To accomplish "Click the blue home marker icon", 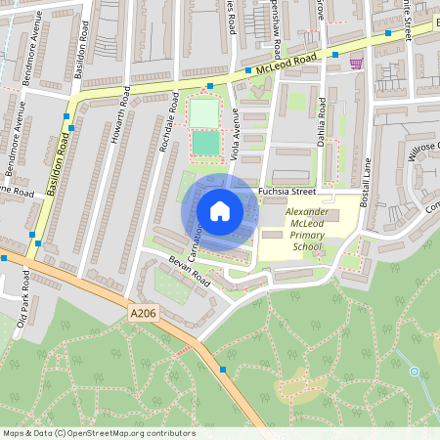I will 220,211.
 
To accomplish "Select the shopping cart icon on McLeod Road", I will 357,63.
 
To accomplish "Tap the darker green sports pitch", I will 205,143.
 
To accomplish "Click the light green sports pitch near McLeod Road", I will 203,112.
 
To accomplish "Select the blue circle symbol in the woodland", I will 415,372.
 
